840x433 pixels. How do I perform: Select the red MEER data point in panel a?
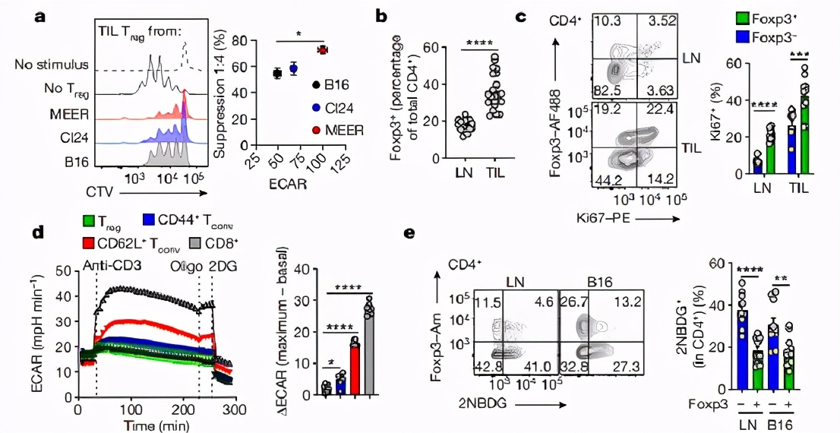[x=322, y=50]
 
